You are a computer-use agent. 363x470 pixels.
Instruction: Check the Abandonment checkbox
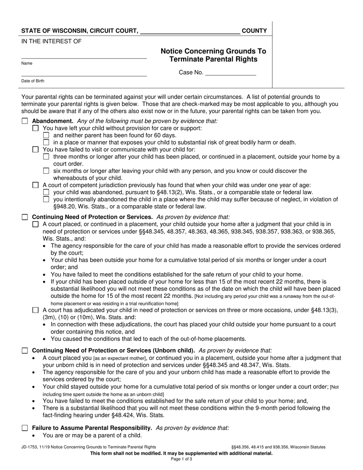(25, 121)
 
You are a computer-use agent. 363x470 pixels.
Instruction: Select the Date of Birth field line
(84, 76)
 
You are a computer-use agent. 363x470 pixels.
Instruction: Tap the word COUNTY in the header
(254, 31)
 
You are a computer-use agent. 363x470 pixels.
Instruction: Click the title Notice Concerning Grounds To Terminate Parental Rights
(213, 55)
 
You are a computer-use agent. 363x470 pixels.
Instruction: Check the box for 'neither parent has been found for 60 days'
(46, 135)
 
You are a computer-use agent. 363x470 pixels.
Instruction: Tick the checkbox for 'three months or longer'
(46, 157)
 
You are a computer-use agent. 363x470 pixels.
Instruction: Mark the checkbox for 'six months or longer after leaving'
(46, 171)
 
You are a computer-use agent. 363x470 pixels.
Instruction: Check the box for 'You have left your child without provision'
(36, 128)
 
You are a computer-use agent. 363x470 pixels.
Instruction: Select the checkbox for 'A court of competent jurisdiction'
(36, 185)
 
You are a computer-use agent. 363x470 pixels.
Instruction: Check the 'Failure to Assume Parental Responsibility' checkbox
(25, 428)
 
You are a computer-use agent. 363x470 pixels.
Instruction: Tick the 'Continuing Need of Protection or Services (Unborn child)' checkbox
(25, 351)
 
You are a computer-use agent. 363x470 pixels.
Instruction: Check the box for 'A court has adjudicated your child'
(36, 310)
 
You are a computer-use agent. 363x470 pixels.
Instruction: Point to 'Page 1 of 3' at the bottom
(181, 459)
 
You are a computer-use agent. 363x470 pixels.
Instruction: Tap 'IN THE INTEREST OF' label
(51, 41)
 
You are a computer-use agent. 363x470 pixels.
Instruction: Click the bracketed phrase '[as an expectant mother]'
(120, 358)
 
